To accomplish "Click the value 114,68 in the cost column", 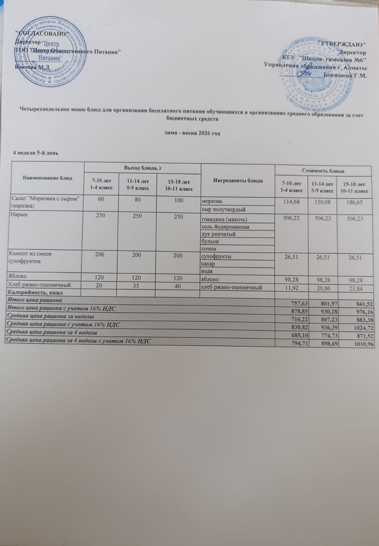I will tap(291, 202).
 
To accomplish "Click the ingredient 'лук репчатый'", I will tap(218, 234).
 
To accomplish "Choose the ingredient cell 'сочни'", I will tap(209, 249).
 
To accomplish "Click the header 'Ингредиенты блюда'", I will tap(238, 181).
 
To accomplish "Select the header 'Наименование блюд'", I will tap(48, 178).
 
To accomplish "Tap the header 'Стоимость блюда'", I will tap(323, 171).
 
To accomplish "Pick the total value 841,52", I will tap(363, 304).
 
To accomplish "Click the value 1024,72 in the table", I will tap(363, 328).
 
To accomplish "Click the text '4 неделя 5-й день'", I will tap(36, 153).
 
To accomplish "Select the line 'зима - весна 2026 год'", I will tap(192, 134).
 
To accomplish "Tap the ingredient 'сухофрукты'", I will tap(216, 256).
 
